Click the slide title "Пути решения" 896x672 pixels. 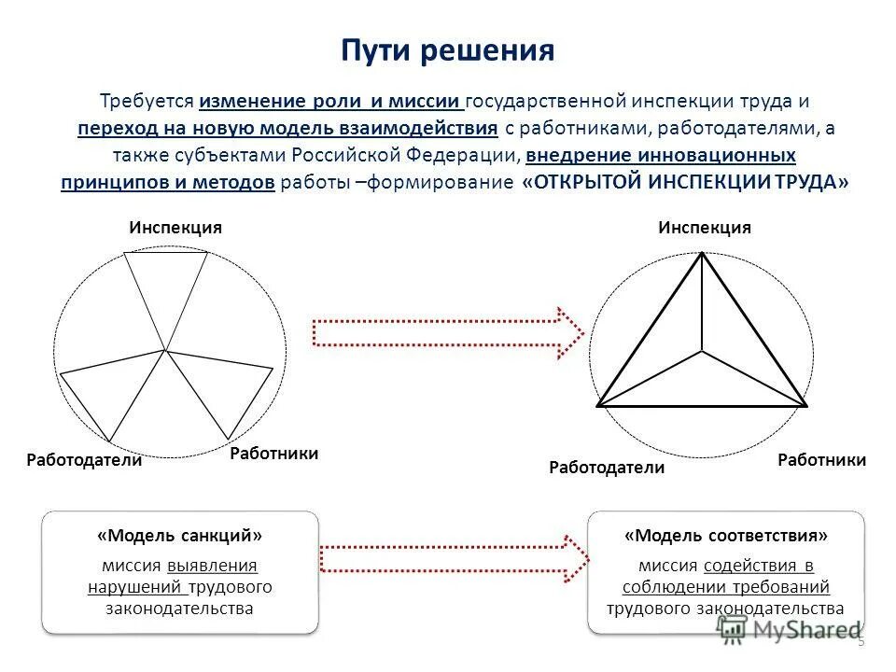coord(447,49)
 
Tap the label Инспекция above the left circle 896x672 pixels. coord(175,228)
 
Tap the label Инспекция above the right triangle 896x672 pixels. coord(705,228)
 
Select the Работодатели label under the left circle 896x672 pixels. coord(84,460)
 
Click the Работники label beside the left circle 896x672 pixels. coord(273,454)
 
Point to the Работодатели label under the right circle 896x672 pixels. coord(607,468)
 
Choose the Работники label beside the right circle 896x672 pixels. coord(821,460)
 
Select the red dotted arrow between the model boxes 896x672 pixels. coord(454,557)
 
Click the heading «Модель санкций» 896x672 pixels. coord(180,537)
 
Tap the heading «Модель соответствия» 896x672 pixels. coord(726,537)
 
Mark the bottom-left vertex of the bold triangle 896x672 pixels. coord(598,406)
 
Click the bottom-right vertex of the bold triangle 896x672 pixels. coord(805,406)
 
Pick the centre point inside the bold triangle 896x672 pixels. coord(702,352)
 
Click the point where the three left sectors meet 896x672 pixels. coord(165,350)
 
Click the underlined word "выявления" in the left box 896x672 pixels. coord(213,565)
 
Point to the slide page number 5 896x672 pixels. coord(861,641)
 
